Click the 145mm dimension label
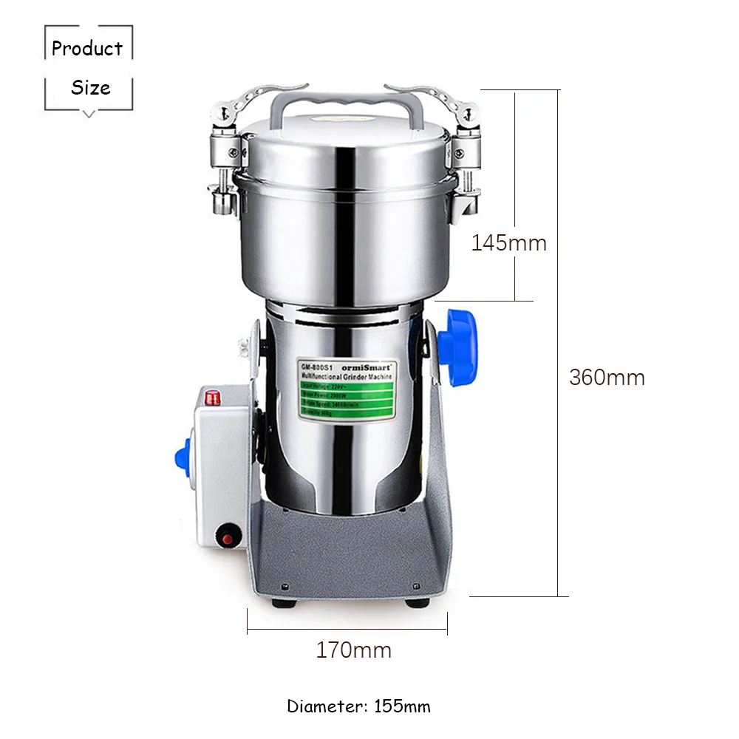point(508,242)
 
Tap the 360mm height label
point(607,378)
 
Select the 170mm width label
point(353,650)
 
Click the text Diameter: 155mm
point(358,706)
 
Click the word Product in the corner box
point(87,49)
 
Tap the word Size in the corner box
point(90,88)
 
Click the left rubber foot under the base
point(282,602)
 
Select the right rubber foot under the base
point(416,602)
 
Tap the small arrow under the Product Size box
point(89,113)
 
